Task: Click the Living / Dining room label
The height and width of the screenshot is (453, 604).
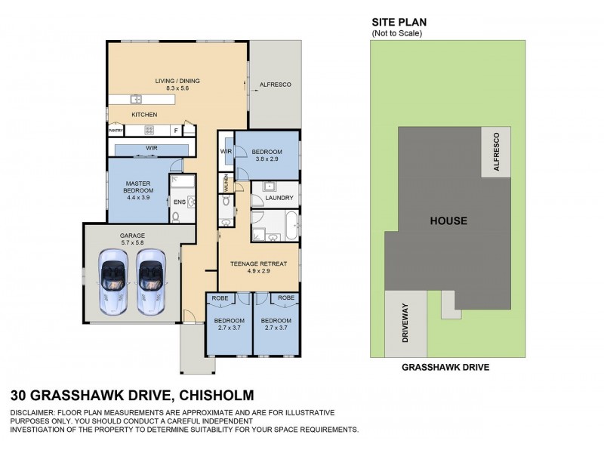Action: click(x=177, y=82)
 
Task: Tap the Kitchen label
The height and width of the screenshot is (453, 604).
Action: click(x=144, y=114)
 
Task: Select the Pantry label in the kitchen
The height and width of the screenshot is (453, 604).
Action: click(x=116, y=131)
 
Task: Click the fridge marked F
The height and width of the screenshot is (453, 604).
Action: click(x=176, y=131)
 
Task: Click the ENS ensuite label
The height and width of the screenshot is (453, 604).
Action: click(x=179, y=202)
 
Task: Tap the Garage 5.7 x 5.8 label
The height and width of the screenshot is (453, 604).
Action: click(x=132, y=239)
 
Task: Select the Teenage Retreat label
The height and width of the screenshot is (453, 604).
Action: click(x=259, y=265)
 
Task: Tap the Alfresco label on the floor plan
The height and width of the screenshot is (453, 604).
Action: click(x=275, y=85)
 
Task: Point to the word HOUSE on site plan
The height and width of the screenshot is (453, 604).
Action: click(x=448, y=221)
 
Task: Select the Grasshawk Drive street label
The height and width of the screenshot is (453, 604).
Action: click(x=445, y=368)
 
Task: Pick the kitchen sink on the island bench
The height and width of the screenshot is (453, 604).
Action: click(x=136, y=99)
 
